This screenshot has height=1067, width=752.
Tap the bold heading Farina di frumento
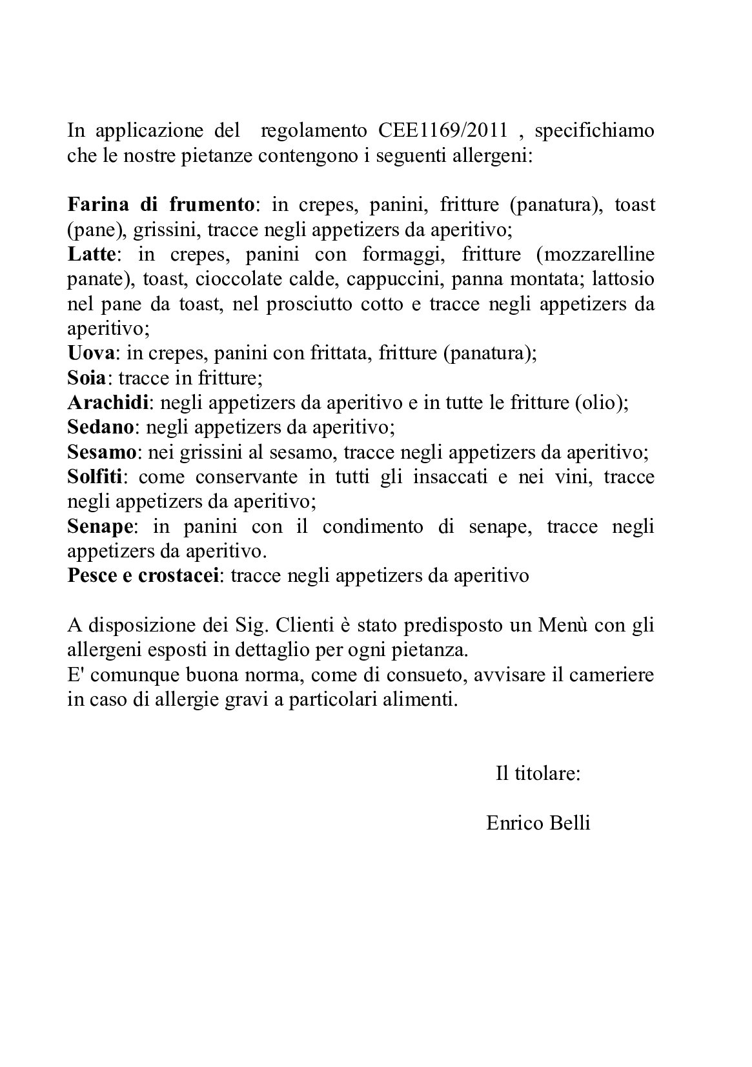pyautogui.click(x=161, y=205)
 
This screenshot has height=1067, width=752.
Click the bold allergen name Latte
pyautogui.click(x=91, y=254)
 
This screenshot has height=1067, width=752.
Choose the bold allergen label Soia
pyautogui.click(x=87, y=378)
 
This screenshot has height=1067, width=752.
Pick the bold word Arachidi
pyautogui.click(x=108, y=403)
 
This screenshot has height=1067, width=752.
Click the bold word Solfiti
pyautogui.click(x=97, y=477)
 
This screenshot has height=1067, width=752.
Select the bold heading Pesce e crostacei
pyautogui.click(x=143, y=576)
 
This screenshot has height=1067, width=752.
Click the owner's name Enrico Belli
pyautogui.click(x=538, y=823)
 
